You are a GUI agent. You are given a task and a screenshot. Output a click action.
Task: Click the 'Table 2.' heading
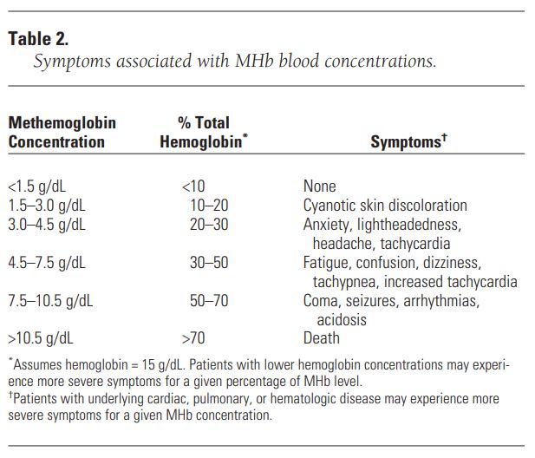pos(38,38)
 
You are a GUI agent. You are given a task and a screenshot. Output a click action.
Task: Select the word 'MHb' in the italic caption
pos(254,61)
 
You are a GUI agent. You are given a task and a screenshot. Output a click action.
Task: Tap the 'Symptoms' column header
pos(408,141)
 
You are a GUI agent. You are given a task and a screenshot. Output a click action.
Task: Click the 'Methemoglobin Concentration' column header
pos(62,132)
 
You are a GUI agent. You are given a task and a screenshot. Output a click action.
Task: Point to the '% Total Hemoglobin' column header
pos(204,132)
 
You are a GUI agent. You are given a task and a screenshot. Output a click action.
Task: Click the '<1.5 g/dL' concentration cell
pos(36,186)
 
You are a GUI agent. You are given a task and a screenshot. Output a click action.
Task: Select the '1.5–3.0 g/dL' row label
pos(47,206)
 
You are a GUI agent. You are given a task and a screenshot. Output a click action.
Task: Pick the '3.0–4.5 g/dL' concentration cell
pos(47,225)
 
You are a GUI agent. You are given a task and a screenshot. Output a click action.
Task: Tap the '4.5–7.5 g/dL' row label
pos(47,263)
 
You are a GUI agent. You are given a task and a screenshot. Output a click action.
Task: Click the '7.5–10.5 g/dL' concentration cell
pos(50,301)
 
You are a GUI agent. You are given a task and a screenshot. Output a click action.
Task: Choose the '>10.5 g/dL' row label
pos(41,338)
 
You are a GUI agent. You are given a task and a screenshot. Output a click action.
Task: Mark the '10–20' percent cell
pos(209,206)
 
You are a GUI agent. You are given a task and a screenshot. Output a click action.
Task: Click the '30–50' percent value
pos(209,263)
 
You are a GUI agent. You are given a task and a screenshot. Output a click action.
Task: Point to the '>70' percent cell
pos(193,338)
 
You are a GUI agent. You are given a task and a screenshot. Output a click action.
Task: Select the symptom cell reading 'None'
pos(319,186)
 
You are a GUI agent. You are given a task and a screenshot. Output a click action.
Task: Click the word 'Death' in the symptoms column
pos(322,338)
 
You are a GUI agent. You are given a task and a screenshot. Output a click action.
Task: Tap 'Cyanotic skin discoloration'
pos(385,206)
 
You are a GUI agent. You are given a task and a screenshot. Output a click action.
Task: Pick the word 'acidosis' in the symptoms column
pos(342,320)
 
